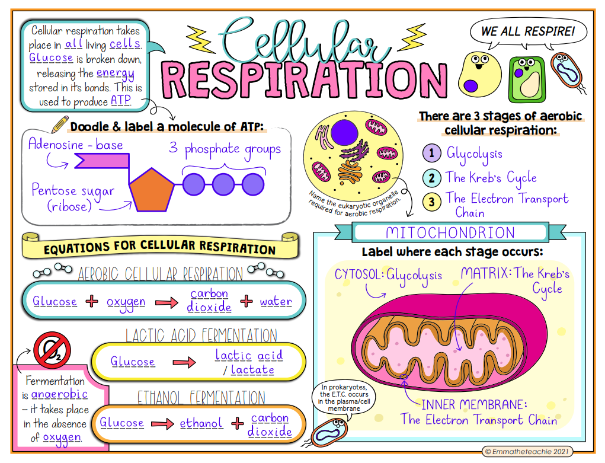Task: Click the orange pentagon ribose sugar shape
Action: [x=152, y=191]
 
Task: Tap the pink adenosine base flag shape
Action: [x=103, y=161]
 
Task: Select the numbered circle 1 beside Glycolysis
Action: [x=432, y=153]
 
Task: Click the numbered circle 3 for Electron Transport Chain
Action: [x=432, y=202]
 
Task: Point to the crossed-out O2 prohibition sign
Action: [x=52, y=350]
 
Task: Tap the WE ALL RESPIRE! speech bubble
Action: [x=528, y=31]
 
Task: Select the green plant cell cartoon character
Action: [x=527, y=79]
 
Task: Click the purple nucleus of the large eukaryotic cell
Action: [x=344, y=132]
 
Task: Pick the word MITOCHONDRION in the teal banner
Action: [x=450, y=233]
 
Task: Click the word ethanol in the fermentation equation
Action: [x=201, y=423]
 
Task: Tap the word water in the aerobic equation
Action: [x=276, y=301]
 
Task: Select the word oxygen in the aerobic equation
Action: [x=126, y=302]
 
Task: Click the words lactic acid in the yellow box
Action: [x=249, y=355]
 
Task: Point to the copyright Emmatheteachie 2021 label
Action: [x=527, y=451]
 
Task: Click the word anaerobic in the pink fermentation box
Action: [x=59, y=394]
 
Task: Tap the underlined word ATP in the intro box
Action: [x=121, y=100]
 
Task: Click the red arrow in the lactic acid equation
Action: [x=184, y=362]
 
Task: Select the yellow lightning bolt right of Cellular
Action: [x=413, y=37]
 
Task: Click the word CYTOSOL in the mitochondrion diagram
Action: [x=358, y=274]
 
